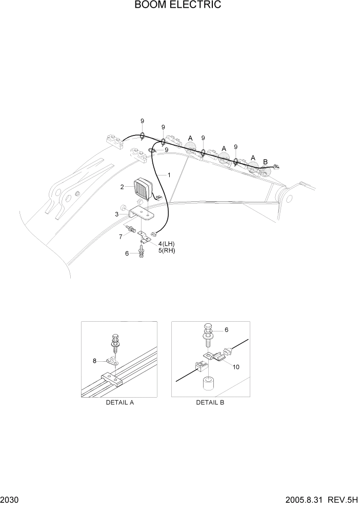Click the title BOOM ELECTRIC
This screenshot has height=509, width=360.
pos(178,6)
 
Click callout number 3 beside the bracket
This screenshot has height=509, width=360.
pos(117,213)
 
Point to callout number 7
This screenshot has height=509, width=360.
pos(121,236)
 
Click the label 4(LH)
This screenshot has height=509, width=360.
pos(167,243)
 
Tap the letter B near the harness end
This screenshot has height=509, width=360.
pos(265,162)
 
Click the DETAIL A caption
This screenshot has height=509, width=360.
pos(119,402)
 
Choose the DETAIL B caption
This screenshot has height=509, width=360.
pos(210,402)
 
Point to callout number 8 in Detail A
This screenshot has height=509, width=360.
pos(94,361)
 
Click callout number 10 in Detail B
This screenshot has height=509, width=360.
pos(236,367)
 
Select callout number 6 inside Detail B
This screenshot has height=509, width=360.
pos(226,330)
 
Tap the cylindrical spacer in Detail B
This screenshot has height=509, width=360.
pos(208,384)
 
